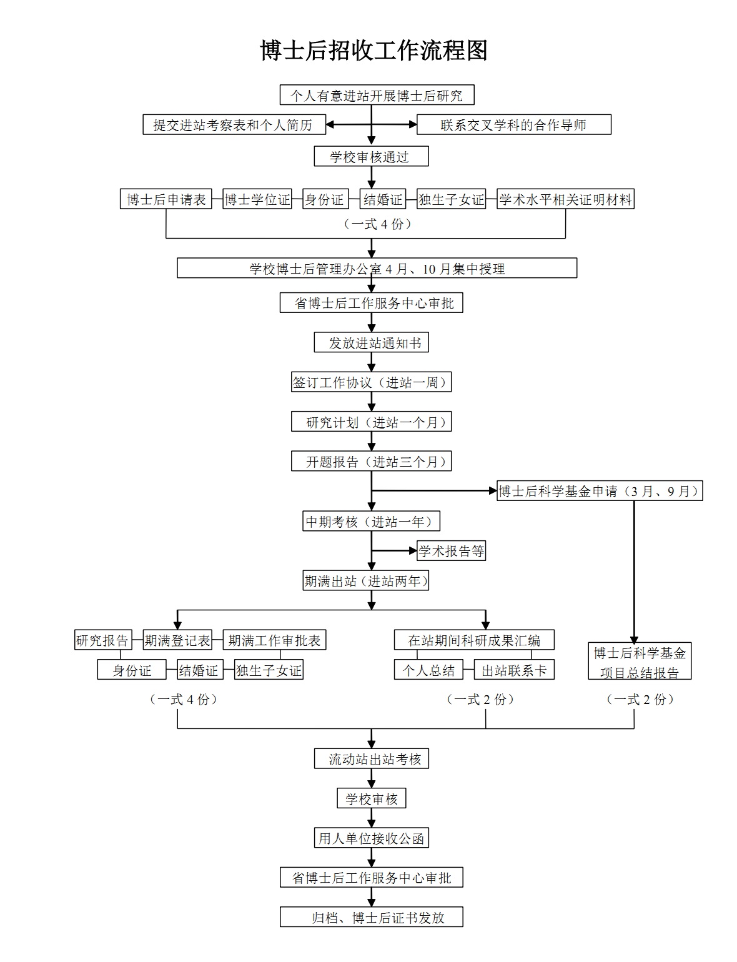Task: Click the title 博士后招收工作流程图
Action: pyautogui.click(x=373, y=51)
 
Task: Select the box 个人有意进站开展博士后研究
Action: pyautogui.click(x=377, y=95)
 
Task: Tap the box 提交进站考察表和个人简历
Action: pyautogui.click(x=234, y=124)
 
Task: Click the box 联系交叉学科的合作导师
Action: pyautogui.click(x=513, y=124)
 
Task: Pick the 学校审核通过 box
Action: pyautogui.click(x=371, y=156)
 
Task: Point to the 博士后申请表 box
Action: pyautogui.click(x=166, y=199)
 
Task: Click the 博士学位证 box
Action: pyautogui.click(x=257, y=199)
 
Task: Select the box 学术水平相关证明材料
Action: pyautogui.click(x=565, y=199)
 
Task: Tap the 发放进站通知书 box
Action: pyautogui.click(x=371, y=342)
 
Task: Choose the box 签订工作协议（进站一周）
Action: pyautogui.click(x=371, y=382)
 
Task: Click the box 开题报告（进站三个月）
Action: pyautogui.click(x=371, y=461)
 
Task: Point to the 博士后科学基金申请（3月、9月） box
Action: pyautogui.click(x=600, y=490)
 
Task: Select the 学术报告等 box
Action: pyautogui.click(x=451, y=551)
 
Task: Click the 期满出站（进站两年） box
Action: pyautogui.click(x=365, y=580)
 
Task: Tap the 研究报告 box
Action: pyautogui.click(x=102, y=640)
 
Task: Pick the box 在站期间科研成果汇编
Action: pyautogui.click(x=474, y=640)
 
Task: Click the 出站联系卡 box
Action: pyautogui.click(x=514, y=670)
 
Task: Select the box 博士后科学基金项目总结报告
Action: pyautogui.click(x=640, y=661)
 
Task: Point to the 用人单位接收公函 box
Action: pyautogui.click(x=371, y=838)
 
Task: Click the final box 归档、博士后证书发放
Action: pyautogui.click(x=371, y=916)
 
